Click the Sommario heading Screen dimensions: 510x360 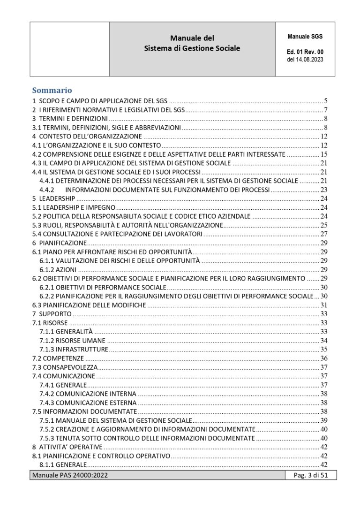(52, 90)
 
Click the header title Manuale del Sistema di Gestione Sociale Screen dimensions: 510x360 (192, 43)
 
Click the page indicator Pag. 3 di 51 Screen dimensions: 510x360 (310, 477)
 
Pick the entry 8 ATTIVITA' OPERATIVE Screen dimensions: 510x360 (67, 446)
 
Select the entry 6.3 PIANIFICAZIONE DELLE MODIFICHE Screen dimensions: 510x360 (90, 305)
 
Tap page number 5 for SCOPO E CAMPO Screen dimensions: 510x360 (325, 101)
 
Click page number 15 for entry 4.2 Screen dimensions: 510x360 (323, 154)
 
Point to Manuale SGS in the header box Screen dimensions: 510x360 (305, 36)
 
